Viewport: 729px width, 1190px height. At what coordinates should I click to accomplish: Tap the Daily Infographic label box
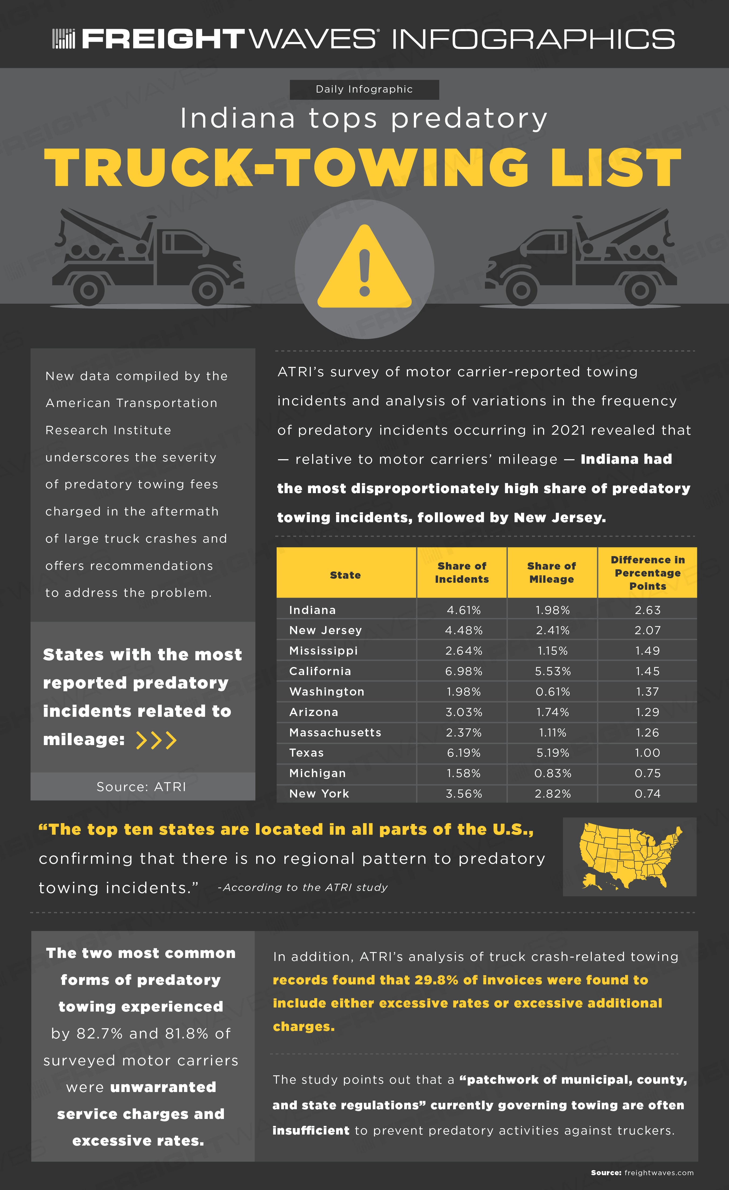[x=364, y=89]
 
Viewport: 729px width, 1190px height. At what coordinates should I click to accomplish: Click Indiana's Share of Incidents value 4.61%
[x=463, y=610]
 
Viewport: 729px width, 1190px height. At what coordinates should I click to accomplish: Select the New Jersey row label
[x=325, y=630]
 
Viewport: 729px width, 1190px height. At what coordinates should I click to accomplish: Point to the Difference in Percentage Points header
[x=647, y=573]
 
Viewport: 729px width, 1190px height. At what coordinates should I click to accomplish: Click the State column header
[x=345, y=575]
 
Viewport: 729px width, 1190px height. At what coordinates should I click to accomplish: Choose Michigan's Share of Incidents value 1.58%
[x=463, y=773]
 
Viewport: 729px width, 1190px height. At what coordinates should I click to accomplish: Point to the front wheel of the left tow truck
[x=207, y=290]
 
